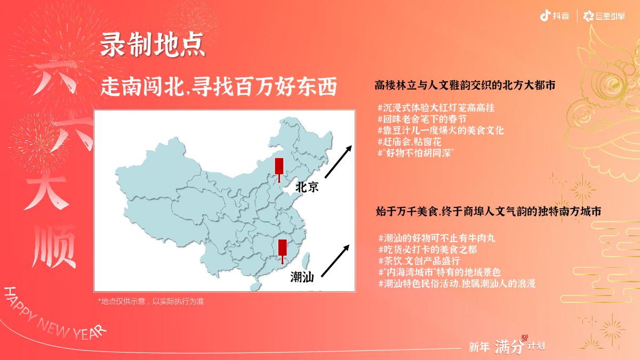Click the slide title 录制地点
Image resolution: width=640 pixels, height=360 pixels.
pyautogui.click(x=153, y=46)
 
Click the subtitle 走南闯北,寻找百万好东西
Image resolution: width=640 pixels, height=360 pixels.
pyautogui.click(x=219, y=87)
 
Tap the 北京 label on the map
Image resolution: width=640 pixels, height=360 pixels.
pyautogui.click(x=307, y=187)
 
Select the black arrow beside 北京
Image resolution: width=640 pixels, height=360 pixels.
pyautogui.click(x=338, y=160)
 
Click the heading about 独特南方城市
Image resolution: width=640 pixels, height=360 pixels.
pyautogui.click(x=489, y=212)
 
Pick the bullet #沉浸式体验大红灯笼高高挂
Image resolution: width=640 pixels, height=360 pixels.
pyautogui.click(x=436, y=108)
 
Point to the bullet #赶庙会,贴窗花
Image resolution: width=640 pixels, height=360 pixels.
pyautogui.click(x=410, y=142)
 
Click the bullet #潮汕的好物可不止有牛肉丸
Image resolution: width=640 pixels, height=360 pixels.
pyautogui.click(x=437, y=238)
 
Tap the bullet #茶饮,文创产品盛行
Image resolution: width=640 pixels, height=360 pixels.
pyautogui.click(x=419, y=261)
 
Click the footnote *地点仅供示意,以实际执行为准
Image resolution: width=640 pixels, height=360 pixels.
pyautogui.click(x=151, y=301)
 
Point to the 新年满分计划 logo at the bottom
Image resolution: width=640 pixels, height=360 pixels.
pyautogui.click(x=507, y=346)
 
